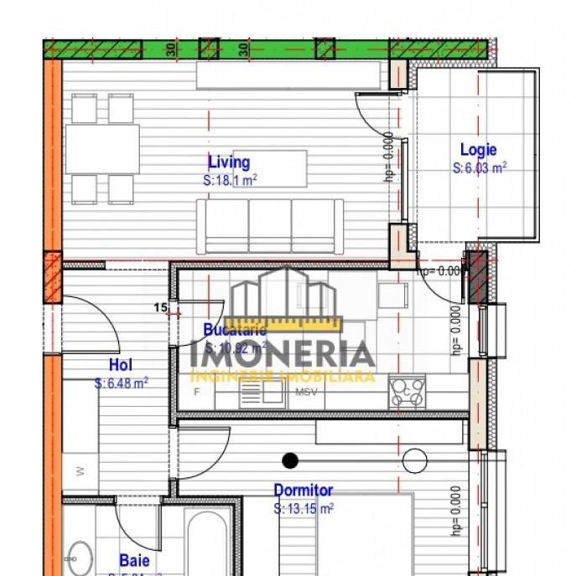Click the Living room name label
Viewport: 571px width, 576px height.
(x=229, y=162)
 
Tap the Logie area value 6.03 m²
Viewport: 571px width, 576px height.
(x=480, y=167)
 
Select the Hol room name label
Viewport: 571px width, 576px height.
(x=121, y=365)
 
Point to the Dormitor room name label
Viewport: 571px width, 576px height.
(x=303, y=491)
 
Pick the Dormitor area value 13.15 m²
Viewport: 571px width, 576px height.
(x=304, y=508)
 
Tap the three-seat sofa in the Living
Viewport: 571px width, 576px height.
(x=271, y=225)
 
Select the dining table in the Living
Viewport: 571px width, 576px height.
(x=102, y=149)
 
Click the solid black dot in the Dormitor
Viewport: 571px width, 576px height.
(x=290, y=460)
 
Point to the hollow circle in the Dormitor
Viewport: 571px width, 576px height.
(x=413, y=460)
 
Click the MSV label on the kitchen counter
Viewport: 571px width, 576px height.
(x=304, y=392)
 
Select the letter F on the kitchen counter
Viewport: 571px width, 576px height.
(x=196, y=392)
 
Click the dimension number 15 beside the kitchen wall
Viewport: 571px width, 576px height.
(x=159, y=307)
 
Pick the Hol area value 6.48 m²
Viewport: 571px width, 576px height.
(x=122, y=383)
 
